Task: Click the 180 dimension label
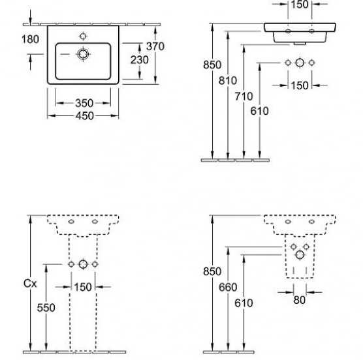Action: (x=30, y=39)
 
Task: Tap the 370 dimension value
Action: (x=155, y=46)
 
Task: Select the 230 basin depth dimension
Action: (x=139, y=60)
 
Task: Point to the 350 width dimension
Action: (x=84, y=103)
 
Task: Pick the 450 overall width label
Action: (x=84, y=116)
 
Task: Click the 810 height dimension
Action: (x=228, y=81)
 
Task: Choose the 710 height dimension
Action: (x=244, y=96)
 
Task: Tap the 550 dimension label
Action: (x=46, y=308)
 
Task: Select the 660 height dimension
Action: (x=228, y=288)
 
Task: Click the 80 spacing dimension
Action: (x=299, y=300)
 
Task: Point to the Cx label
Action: (x=30, y=283)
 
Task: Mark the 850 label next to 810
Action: (x=212, y=65)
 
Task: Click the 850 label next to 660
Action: (x=212, y=271)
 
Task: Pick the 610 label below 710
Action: (x=259, y=111)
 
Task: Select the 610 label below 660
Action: (x=244, y=303)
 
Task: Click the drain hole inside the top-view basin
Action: (x=83, y=54)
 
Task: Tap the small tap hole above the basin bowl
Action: (x=83, y=37)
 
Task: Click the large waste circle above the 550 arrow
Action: (x=83, y=264)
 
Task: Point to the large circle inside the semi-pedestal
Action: (x=300, y=255)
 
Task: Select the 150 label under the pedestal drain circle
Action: (x=83, y=287)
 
